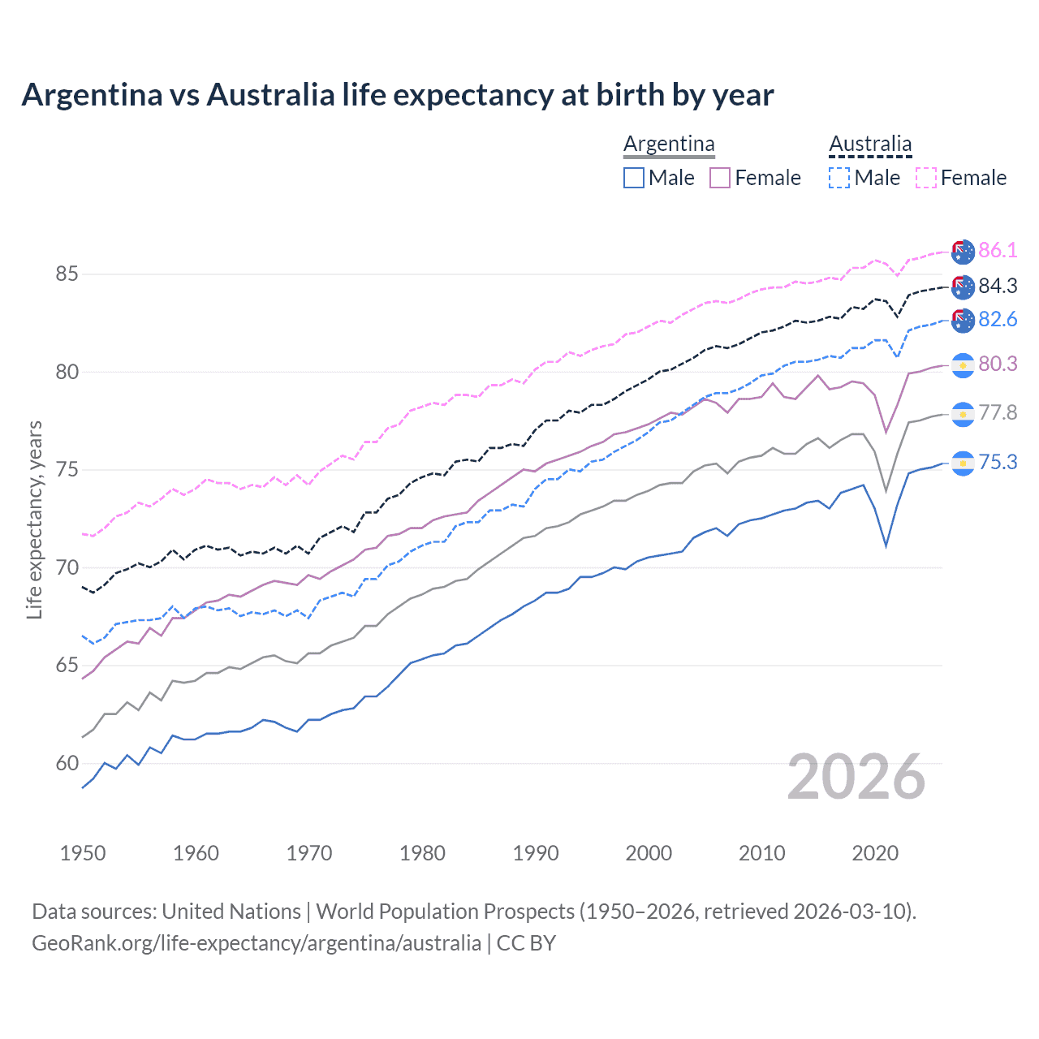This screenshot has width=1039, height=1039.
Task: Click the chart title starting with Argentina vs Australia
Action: (x=398, y=95)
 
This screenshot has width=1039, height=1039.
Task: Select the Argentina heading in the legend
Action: (x=669, y=144)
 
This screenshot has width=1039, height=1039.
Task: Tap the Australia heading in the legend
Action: (x=870, y=144)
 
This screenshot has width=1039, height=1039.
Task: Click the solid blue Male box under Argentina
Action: (x=634, y=178)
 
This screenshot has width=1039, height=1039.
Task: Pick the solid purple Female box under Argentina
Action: (x=720, y=178)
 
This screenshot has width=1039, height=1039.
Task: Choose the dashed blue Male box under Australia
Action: (x=839, y=178)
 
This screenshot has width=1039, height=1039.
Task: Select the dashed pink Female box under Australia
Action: (x=926, y=178)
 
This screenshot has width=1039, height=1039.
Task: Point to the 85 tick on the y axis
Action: (x=67, y=274)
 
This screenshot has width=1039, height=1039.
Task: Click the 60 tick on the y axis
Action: (x=67, y=764)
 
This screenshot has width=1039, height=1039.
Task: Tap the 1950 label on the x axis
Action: (x=83, y=853)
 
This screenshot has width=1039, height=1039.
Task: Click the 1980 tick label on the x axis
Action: (x=422, y=853)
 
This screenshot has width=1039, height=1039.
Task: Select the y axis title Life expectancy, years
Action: (x=34, y=519)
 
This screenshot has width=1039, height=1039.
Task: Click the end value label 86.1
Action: (x=998, y=250)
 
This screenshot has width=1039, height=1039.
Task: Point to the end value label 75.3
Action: (x=998, y=462)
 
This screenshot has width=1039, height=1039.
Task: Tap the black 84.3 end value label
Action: (x=998, y=286)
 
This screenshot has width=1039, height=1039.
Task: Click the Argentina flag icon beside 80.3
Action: (x=963, y=365)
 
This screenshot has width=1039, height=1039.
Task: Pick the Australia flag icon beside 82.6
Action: (x=963, y=321)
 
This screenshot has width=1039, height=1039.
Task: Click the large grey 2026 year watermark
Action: (x=856, y=777)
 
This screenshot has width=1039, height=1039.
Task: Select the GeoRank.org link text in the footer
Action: (x=257, y=943)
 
